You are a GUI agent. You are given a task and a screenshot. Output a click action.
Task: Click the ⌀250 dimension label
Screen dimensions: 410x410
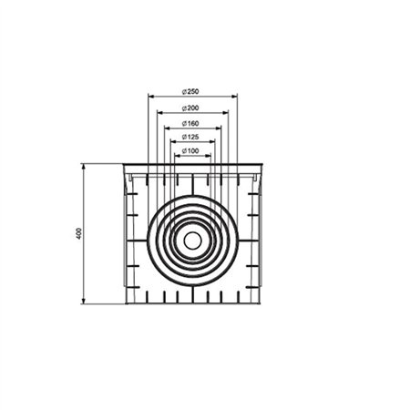pyautogui.click(x=191, y=91)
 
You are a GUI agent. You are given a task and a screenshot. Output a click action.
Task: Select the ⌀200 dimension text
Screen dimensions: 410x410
pyautogui.click(x=191, y=108)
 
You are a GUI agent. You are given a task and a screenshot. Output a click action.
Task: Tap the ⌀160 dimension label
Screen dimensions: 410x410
pyautogui.click(x=191, y=123)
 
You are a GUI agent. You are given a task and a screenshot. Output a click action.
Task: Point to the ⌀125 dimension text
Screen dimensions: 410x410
pyautogui.click(x=191, y=137)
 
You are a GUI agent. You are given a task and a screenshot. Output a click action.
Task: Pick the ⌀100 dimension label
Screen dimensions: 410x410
pyautogui.click(x=191, y=150)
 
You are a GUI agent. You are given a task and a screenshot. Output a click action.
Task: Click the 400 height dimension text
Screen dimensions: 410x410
pyautogui.click(x=79, y=233)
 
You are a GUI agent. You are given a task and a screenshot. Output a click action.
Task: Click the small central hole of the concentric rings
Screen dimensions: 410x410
pyautogui.click(x=192, y=241)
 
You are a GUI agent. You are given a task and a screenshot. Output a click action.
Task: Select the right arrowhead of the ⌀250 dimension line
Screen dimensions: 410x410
pyautogui.click(x=235, y=97)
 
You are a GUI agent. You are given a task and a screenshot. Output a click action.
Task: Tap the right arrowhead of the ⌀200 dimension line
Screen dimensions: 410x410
pyautogui.click(x=226, y=113)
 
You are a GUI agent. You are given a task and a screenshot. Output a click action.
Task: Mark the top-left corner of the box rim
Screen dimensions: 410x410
pyautogui.click(x=122, y=165)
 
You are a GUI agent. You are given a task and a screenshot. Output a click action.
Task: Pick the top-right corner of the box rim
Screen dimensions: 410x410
pyautogui.click(x=262, y=165)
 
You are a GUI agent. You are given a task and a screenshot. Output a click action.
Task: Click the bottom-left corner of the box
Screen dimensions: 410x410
pyautogui.click(x=125, y=303)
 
